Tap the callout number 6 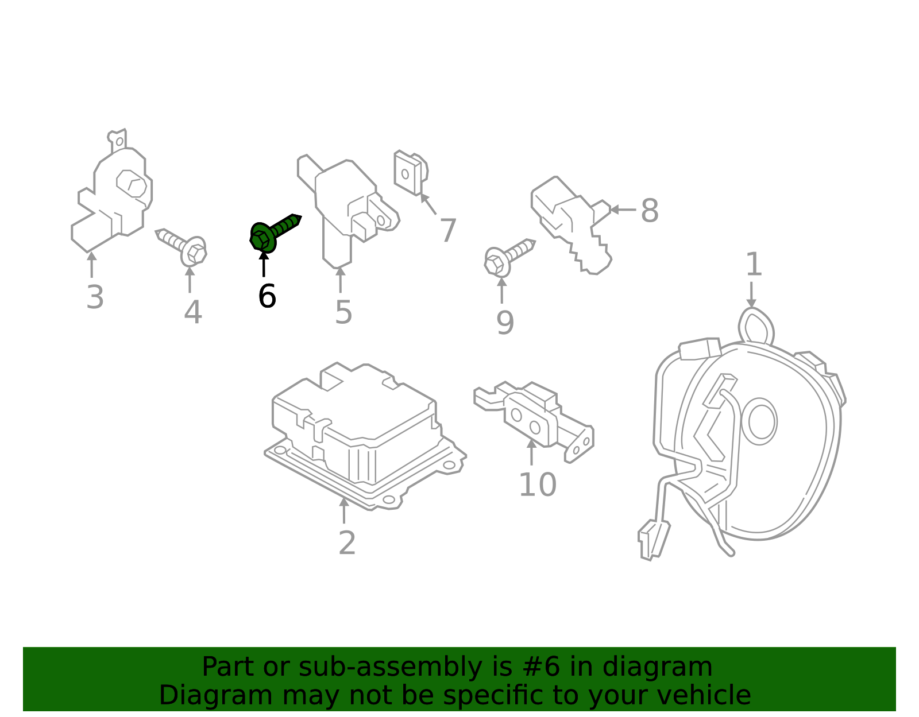267,296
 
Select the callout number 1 754,265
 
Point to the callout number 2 347,543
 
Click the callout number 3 95,297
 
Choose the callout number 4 193,313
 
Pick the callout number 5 343,313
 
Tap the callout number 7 448,231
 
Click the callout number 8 650,211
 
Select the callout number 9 505,323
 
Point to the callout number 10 538,485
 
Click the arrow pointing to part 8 623,210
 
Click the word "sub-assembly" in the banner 390,667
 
